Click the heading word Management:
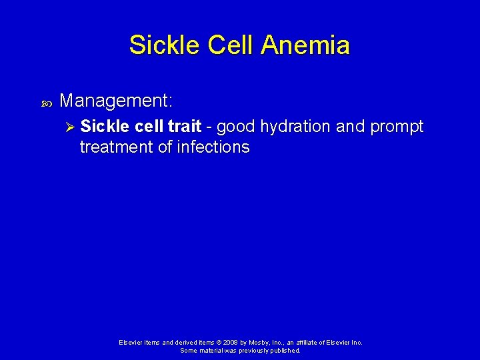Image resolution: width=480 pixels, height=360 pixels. pyautogui.click(x=116, y=101)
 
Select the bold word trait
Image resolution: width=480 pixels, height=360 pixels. pyautogui.click(x=183, y=127)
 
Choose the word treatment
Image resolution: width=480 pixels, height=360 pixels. pyautogui.click(x=116, y=147)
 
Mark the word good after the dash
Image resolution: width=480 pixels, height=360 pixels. pyautogui.click(x=236, y=127)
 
